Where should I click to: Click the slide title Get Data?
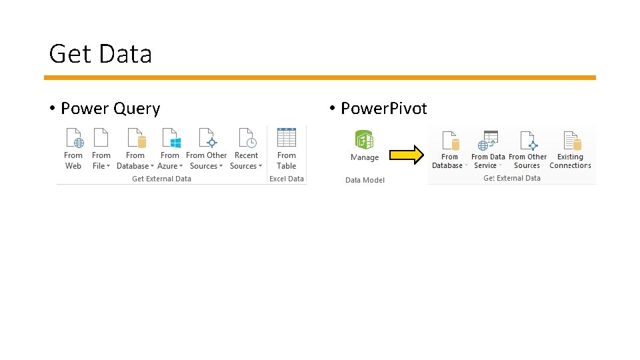[x=101, y=54]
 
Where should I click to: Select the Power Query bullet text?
[x=110, y=109]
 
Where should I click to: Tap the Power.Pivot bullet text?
[x=383, y=109]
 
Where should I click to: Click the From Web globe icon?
[x=73, y=138]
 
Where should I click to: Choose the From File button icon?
[x=101, y=138]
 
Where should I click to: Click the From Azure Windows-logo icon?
[x=170, y=138]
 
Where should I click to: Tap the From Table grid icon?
[x=287, y=138]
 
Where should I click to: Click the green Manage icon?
[x=364, y=139]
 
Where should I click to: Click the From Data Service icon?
[x=488, y=141]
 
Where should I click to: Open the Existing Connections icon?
[x=571, y=141]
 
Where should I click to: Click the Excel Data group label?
[x=287, y=179]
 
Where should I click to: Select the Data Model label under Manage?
[x=365, y=180]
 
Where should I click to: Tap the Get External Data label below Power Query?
[x=161, y=179]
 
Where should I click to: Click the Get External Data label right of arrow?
[x=512, y=178]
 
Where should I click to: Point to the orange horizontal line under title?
[x=320, y=77]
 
